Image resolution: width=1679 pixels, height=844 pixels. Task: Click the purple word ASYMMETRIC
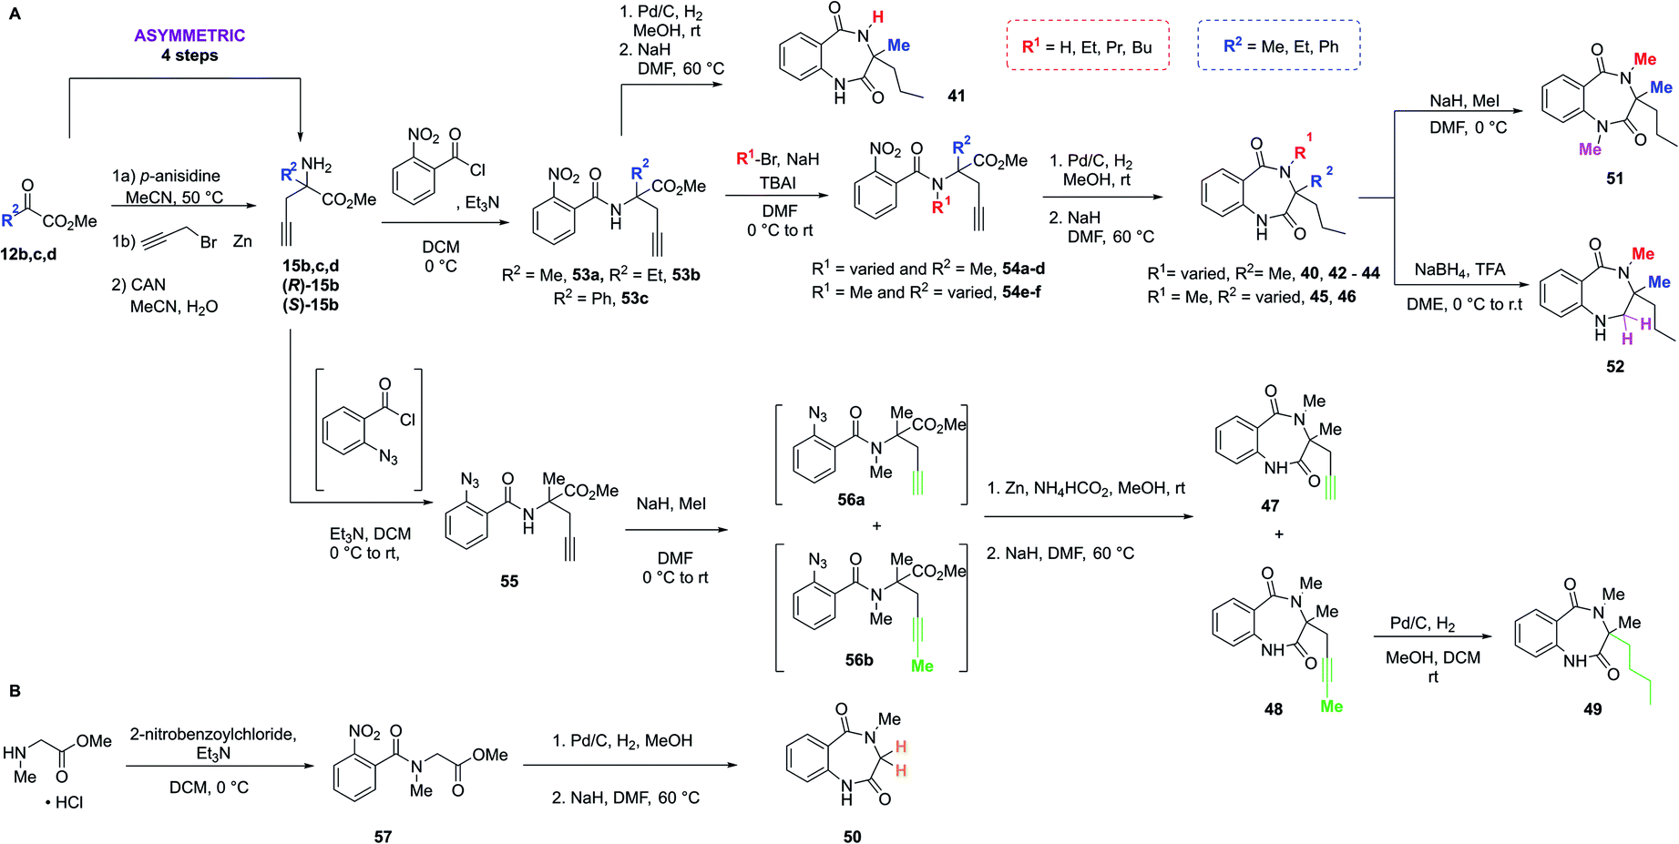point(189,36)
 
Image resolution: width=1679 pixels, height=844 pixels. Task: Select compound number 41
point(956,96)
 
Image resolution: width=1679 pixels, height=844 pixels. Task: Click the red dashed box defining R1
point(1087,46)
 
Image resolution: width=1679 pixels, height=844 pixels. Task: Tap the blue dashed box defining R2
point(1279,46)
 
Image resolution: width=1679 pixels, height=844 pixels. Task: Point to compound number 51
point(1614,178)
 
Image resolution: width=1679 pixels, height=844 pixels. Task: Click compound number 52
point(1614,366)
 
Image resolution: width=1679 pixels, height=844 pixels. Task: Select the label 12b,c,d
point(28,254)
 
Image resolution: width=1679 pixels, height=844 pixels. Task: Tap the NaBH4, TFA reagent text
point(1459,269)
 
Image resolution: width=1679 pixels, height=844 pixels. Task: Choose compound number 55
point(509,581)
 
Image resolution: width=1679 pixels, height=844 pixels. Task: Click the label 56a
point(851,500)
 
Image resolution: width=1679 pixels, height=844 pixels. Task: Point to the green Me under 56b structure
point(922,666)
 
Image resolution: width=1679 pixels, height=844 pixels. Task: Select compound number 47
point(1270,505)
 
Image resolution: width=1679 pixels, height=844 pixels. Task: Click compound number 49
point(1592,708)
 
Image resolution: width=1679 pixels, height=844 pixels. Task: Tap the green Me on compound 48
point(1331,707)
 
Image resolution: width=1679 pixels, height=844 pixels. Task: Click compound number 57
point(383,836)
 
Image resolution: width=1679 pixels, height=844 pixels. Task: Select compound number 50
point(852,836)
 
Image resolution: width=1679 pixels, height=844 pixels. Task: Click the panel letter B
point(15,691)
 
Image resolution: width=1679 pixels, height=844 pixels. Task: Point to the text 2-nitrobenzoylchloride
point(213,734)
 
